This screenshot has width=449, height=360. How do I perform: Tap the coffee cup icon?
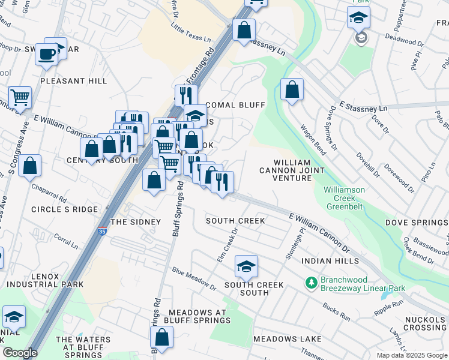46,55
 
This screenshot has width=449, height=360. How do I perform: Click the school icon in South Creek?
246,265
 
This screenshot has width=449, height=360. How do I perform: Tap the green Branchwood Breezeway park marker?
310,281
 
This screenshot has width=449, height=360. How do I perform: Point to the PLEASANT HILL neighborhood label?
73,80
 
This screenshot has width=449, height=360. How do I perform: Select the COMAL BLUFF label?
235,105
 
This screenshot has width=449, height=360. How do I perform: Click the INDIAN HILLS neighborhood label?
330,261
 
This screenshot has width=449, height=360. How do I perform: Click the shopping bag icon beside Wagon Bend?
292,90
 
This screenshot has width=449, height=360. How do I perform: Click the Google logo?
20,352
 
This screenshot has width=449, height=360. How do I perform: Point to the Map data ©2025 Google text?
412,355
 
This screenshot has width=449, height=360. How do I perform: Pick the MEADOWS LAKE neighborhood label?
287,339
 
